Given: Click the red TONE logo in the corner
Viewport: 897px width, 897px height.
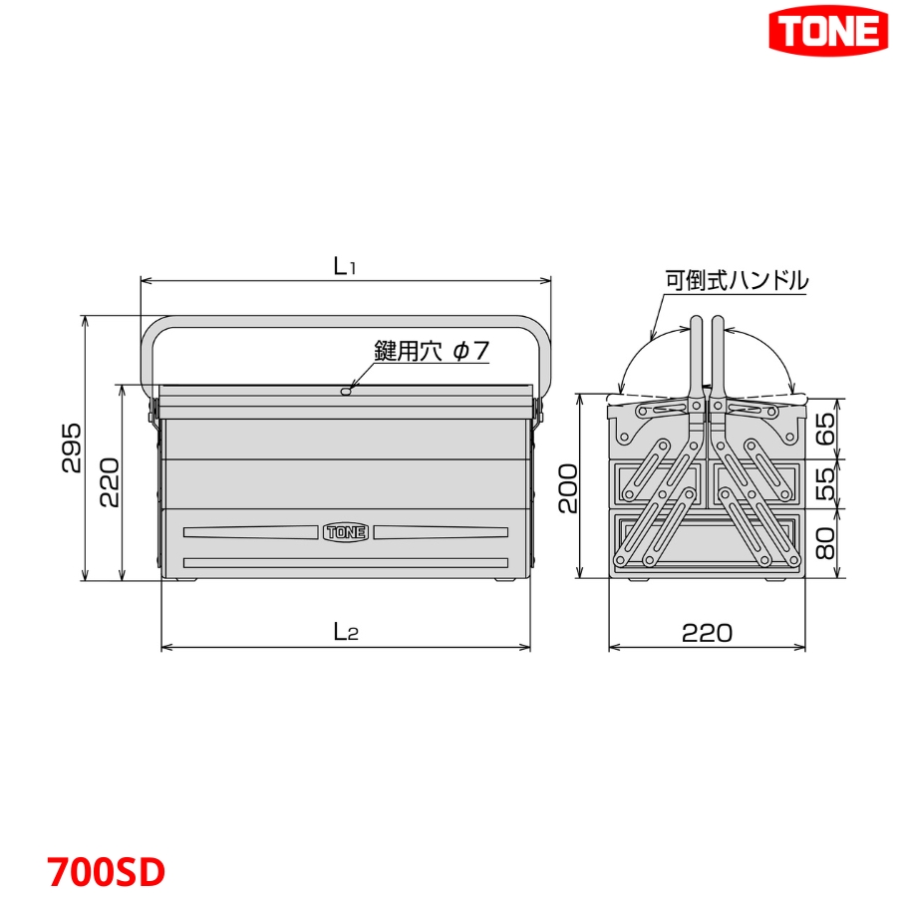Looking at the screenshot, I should tap(828, 32).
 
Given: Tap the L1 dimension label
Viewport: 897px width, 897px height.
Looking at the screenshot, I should tap(345, 266).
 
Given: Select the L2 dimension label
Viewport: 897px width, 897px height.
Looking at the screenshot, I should tap(345, 631).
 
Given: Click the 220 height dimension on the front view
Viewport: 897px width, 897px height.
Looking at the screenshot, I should tap(109, 482).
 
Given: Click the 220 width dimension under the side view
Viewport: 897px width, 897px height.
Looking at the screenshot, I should tap(707, 632).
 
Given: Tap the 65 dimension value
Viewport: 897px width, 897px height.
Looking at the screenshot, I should tap(825, 430).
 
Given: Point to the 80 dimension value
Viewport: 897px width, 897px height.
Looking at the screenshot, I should tap(825, 544).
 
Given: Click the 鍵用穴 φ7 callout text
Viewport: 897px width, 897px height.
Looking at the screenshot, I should tap(432, 351).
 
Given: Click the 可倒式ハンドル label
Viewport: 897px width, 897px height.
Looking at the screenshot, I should tap(737, 280).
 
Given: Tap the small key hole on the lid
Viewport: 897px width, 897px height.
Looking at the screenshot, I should tap(345, 392).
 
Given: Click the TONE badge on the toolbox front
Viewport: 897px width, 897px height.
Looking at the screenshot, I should tap(346, 532).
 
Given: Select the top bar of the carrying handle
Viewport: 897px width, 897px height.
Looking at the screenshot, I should tap(345, 322).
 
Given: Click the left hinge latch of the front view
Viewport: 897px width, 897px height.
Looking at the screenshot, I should tap(154, 409).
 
